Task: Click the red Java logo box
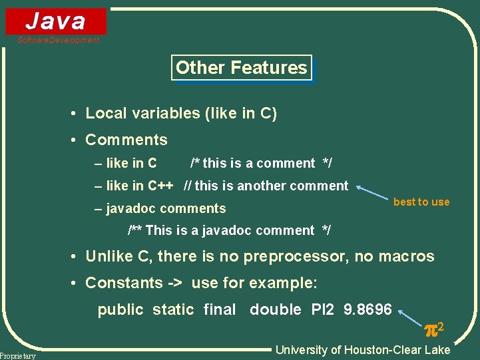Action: [x=56, y=21]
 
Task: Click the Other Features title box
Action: [x=241, y=68]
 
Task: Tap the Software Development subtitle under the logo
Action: [x=58, y=41]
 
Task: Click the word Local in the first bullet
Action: [x=105, y=114]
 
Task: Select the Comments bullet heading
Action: [x=126, y=140]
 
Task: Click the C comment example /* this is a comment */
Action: [x=261, y=163]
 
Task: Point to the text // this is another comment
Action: [x=266, y=186]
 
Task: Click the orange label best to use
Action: [x=421, y=202]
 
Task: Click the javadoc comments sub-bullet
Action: [x=166, y=208]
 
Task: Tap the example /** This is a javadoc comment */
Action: [x=229, y=230]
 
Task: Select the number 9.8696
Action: [x=367, y=309]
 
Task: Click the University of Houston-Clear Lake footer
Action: [x=363, y=350]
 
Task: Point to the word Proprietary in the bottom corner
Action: [x=18, y=356]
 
